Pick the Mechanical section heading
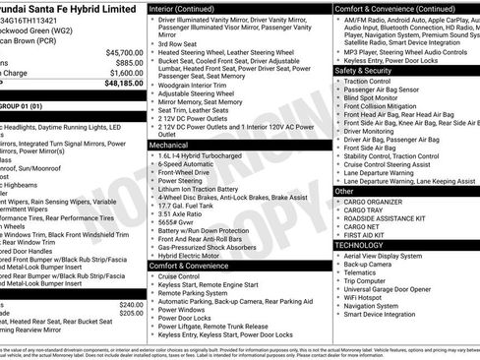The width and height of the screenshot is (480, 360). pyautogui.click(x=169, y=145)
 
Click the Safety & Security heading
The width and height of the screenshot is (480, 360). pyautogui.click(x=364, y=71)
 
